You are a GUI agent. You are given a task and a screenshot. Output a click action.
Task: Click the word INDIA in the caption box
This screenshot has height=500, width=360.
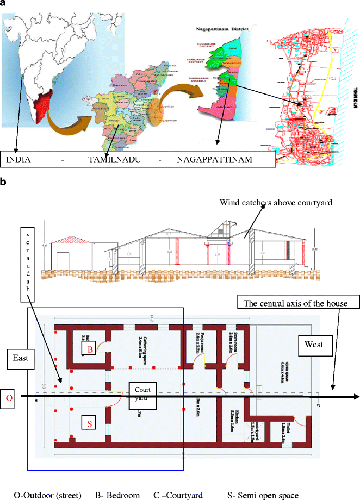coord(18,160)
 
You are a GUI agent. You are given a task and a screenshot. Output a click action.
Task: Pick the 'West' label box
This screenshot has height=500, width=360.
coord(314,345)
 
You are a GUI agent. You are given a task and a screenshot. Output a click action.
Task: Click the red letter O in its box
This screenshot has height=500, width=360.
coord(8,397)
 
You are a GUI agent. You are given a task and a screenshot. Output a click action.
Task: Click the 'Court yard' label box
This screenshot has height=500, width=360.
coord(144,393)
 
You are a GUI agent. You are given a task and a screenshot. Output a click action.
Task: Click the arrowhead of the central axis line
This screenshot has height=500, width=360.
coord(330,397)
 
